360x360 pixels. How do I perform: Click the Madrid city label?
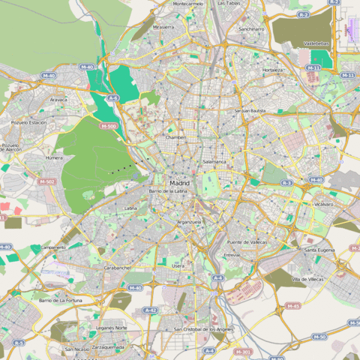pyautogui.click(x=179, y=183)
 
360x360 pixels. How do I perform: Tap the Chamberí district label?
pyautogui.click(x=176, y=137)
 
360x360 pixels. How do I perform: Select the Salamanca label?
pyautogui.click(x=214, y=162)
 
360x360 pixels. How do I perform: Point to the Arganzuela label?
pyautogui.click(x=189, y=222)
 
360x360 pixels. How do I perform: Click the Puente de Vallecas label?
pyautogui.click(x=247, y=242)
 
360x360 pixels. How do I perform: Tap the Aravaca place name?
pyautogui.click(x=58, y=99)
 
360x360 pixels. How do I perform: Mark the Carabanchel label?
pyautogui.click(x=118, y=267)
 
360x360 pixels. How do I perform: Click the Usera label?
pyautogui.click(x=178, y=265)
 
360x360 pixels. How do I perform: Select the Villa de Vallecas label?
pyautogui.click(x=307, y=279)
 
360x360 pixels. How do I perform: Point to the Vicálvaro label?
pyautogui.click(x=324, y=204)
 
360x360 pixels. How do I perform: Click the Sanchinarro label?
pyautogui.click(x=251, y=28)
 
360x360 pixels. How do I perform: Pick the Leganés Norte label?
pyautogui.click(x=111, y=328)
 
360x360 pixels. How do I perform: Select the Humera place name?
pyautogui.click(x=54, y=158)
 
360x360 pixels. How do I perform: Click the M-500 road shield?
pyautogui.click(x=107, y=125)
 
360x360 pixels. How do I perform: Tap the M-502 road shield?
pyautogui.click(x=46, y=181)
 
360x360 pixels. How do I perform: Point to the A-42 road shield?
pyautogui.click(x=150, y=309)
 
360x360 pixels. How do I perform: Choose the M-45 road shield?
pyautogui.click(x=292, y=305)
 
